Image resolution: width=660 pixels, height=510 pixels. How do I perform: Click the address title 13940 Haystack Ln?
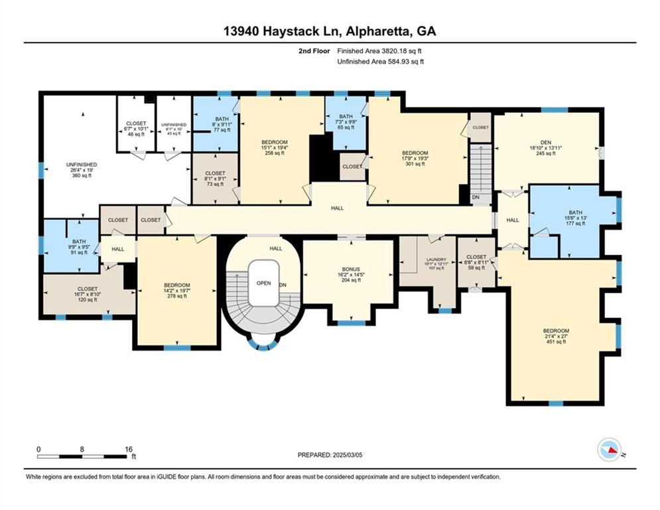(330, 31)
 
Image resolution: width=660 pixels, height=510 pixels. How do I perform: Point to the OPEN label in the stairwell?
(263, 282)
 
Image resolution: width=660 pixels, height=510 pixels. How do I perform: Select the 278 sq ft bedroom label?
(176, 290)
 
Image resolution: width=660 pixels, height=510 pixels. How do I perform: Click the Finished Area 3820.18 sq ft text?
(380, 50)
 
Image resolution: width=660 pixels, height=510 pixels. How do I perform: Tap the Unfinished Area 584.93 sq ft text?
(380, 61)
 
